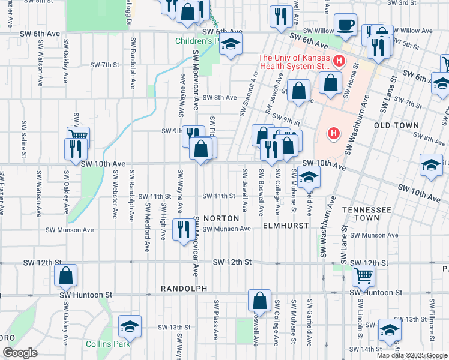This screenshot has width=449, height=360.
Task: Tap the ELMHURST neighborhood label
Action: tap(286, 226)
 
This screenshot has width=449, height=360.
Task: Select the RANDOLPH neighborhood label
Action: tap(184, 289)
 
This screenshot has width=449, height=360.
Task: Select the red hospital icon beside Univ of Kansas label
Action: tap(339, 61)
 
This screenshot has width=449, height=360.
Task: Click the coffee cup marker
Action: tap(345, 25)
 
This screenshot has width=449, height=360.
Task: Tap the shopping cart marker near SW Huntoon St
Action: tap(363, 276)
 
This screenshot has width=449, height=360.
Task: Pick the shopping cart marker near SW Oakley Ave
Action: tap(78, 136)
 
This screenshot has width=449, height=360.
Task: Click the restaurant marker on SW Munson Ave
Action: tap(184, 229)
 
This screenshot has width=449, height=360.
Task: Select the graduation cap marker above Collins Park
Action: tap(130, 326)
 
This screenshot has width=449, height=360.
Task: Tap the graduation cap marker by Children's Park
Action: tap(230, 44)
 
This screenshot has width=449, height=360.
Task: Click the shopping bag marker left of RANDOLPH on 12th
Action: tap(66, 275)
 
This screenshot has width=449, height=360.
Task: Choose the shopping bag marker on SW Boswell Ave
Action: tap(259, 300)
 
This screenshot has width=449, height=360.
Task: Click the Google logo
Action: tap(20, 353)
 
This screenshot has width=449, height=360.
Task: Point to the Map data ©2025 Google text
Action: tap(412, 355)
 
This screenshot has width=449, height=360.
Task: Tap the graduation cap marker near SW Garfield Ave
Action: tap(309, 176)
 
